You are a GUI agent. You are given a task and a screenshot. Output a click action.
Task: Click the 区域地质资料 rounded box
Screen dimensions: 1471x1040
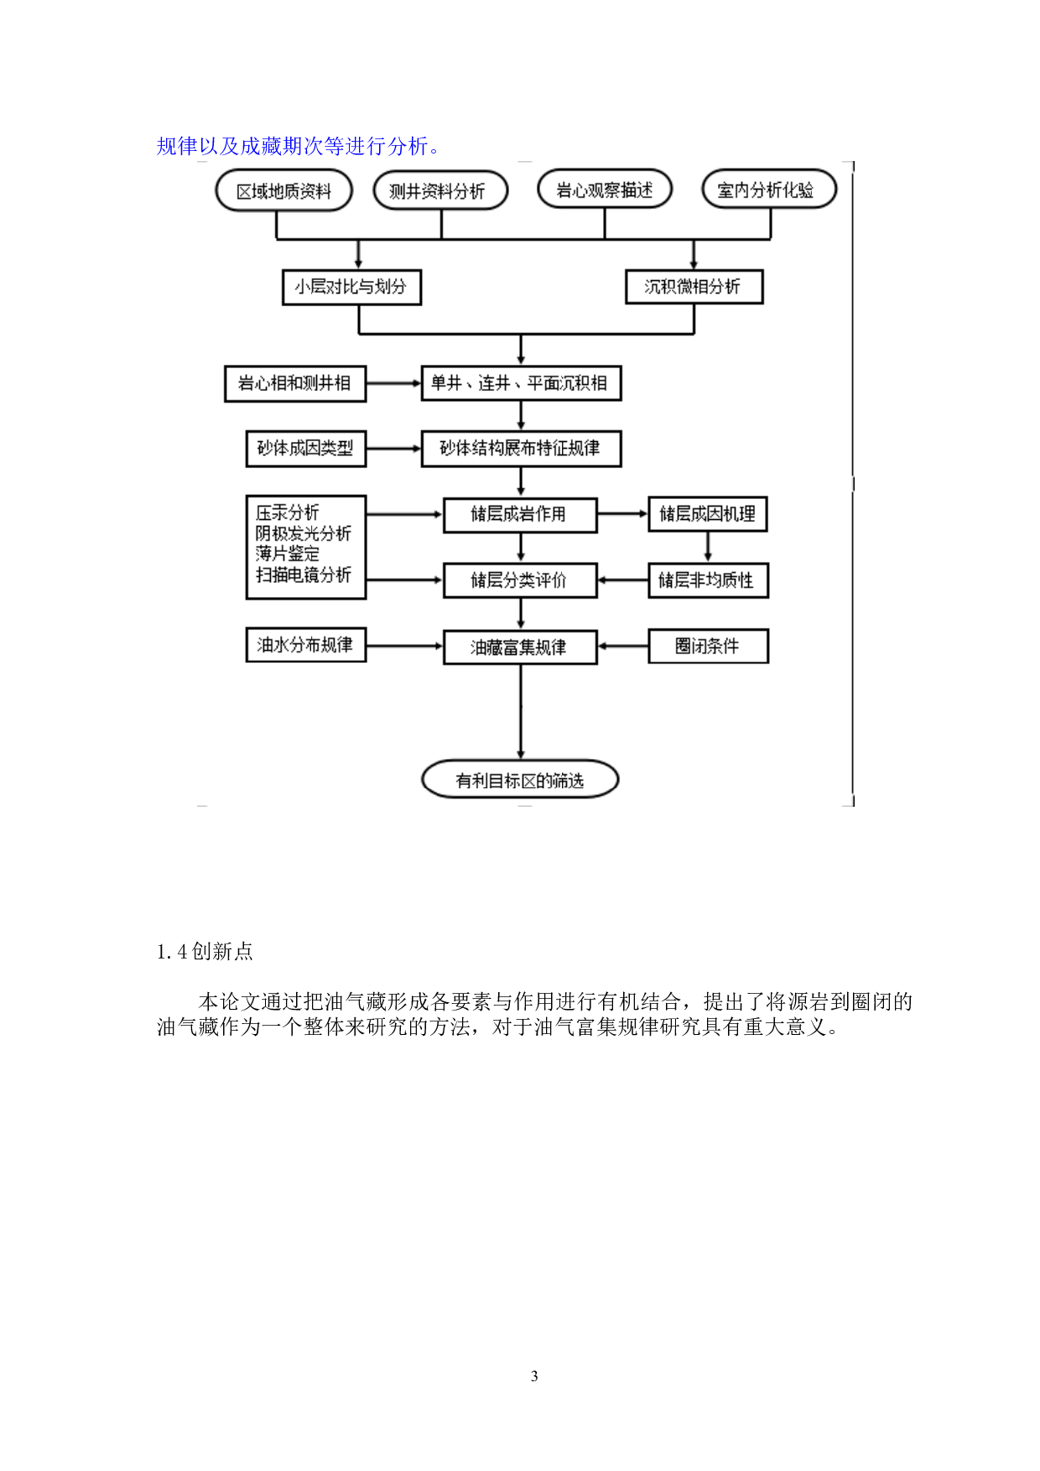click(283, 191)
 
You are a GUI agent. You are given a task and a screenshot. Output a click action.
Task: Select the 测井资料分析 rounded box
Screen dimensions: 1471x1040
click(440, 191)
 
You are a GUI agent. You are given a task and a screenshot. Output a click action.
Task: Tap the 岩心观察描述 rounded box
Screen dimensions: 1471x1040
click(605, 190)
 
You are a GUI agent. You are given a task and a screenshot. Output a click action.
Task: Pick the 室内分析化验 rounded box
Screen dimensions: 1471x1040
click(768, 190)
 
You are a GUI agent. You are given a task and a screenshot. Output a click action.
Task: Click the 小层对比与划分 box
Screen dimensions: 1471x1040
click(351, 287)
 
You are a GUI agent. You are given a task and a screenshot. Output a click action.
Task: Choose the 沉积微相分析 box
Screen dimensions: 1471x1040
click(694, 287)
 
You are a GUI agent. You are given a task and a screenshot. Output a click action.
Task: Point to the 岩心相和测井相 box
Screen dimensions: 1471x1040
click(294, 383)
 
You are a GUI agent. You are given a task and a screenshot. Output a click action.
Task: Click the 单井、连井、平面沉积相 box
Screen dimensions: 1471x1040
click(521, 383)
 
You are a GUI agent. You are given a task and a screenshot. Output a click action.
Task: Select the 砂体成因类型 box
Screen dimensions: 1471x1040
click(305, 448)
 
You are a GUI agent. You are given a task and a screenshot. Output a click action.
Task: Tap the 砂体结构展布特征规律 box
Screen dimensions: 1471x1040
click(521, 448)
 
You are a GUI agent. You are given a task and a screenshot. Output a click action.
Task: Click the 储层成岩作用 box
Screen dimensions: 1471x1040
click(520, 514)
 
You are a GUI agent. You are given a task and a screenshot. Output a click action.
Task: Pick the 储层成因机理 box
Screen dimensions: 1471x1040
click(708, 514)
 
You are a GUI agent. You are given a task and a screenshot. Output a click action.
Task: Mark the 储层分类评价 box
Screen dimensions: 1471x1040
click(520, 580)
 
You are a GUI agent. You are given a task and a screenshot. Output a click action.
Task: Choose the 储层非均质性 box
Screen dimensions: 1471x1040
click(708, 580)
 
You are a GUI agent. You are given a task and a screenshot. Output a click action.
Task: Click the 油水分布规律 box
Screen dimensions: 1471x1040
click(305, 645)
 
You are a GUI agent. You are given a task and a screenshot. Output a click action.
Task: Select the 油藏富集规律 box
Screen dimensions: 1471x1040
click(520, 647)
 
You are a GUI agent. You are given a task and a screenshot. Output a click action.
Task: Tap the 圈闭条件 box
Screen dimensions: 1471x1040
click(708, 646)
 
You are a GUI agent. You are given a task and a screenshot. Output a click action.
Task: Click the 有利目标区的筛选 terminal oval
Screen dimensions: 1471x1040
click(520, 780)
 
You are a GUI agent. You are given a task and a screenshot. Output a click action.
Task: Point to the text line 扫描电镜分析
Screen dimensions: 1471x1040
click(304, 575)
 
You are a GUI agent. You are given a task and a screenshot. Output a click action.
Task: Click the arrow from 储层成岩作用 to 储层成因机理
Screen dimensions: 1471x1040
click(622, 513)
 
